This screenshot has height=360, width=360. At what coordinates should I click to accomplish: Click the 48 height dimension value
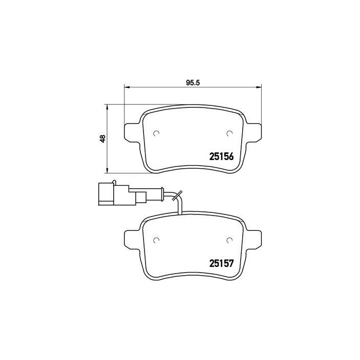[103, 138]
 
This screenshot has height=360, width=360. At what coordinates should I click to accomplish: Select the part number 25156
[222, 157]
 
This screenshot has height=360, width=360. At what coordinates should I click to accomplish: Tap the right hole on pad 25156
[229, 134]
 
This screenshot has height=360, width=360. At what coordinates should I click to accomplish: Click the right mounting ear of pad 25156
[255, 131]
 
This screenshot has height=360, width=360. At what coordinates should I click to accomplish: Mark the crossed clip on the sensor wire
[177, 196]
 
